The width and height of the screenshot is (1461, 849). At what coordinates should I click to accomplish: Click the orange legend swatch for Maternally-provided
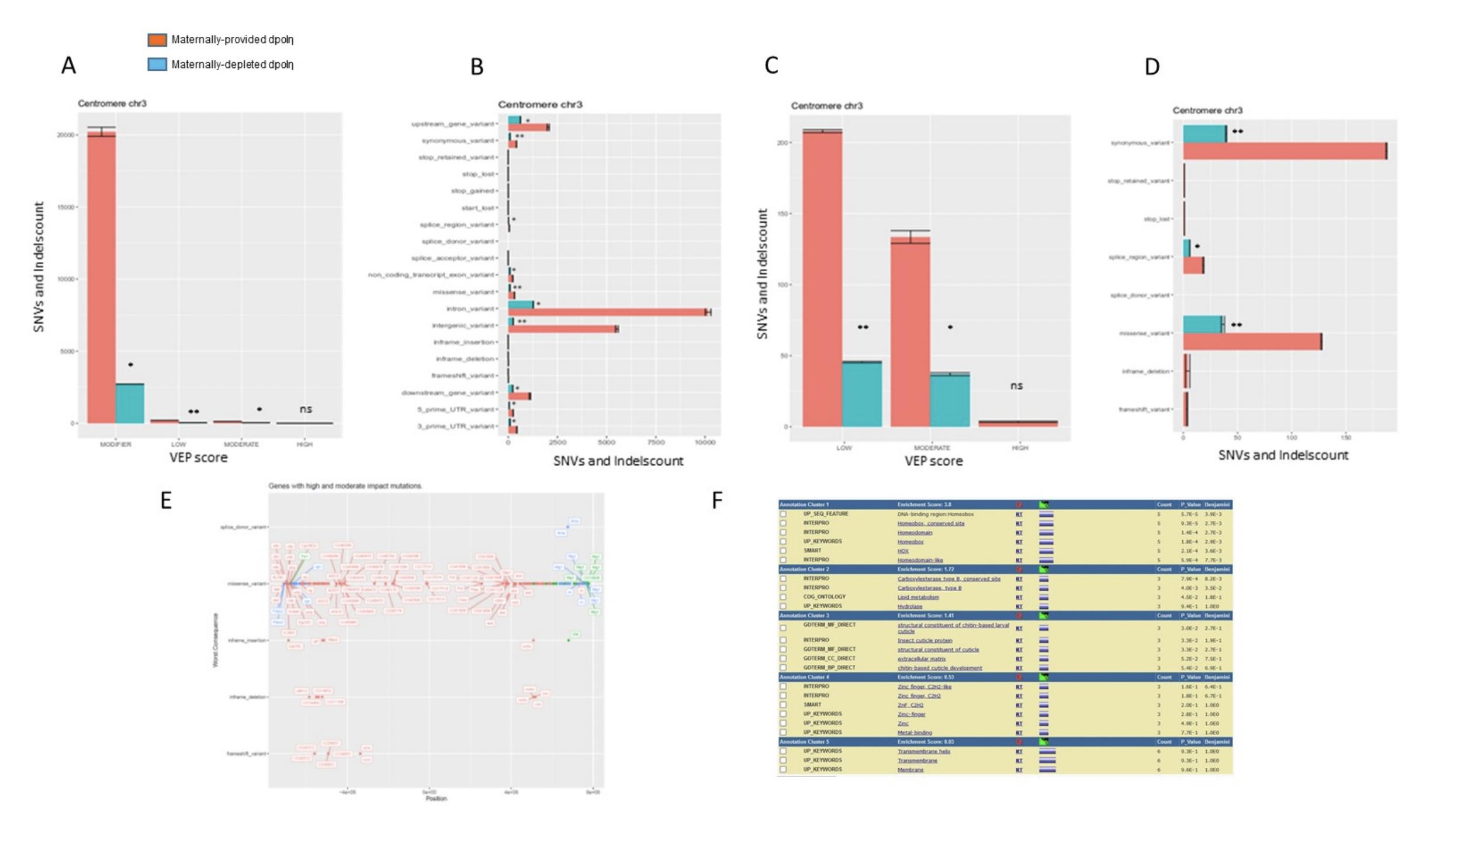157,40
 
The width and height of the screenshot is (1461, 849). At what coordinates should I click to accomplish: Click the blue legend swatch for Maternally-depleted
157,64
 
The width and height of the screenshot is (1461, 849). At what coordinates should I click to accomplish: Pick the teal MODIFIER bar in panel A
130,403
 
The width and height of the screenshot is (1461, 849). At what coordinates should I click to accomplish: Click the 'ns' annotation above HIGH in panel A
306,409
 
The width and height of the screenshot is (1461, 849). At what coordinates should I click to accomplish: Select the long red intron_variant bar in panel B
608,313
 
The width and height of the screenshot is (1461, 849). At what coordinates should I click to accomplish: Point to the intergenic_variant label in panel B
463,326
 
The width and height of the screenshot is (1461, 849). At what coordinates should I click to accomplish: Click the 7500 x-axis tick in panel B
656,443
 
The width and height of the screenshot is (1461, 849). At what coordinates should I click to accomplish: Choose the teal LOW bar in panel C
862,394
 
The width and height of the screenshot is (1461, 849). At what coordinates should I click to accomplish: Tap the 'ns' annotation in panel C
1017,386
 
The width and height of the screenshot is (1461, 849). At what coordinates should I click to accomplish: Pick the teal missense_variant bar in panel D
1203,325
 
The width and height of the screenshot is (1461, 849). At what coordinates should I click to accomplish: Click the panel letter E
166,501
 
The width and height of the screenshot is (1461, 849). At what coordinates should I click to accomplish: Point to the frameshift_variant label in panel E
247,754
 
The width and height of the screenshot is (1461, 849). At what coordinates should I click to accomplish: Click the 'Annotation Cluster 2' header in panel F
804,569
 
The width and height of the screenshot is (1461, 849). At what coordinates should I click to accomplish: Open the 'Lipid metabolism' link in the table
918,597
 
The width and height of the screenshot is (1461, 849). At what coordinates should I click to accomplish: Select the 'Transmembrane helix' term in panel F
923,751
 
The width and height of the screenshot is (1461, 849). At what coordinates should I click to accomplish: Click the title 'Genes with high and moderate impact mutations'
345,486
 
